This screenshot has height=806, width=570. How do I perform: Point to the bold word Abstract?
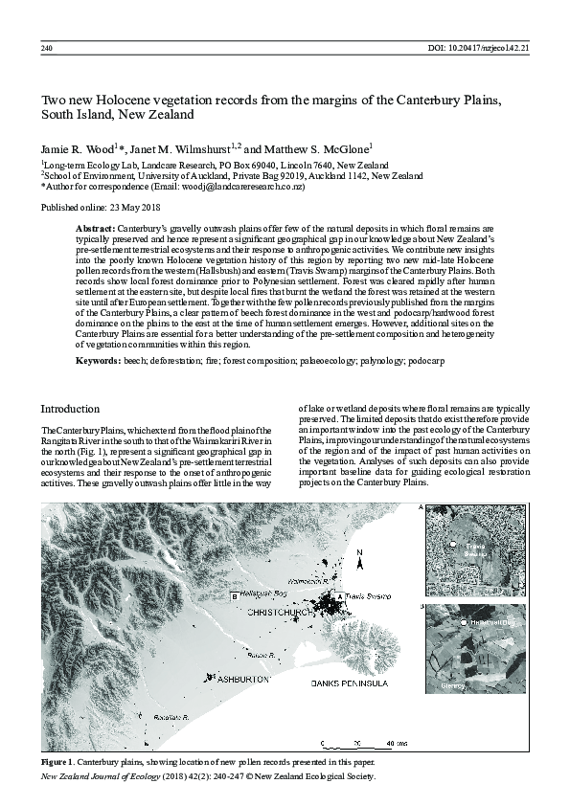(x=95, y=230)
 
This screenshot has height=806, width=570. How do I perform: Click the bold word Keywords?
(x=98, y=358)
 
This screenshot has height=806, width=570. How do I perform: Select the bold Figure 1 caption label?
(x=58, y=761)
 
